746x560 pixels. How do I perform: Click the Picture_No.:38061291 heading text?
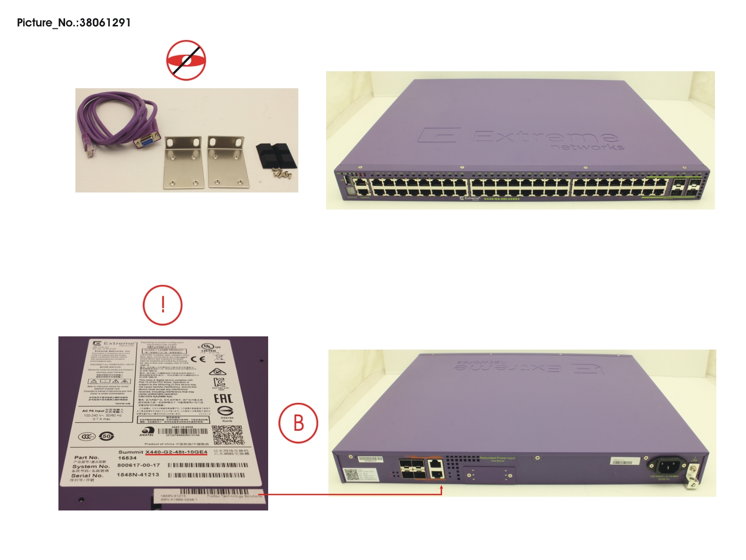74,23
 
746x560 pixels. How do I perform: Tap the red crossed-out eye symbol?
186,60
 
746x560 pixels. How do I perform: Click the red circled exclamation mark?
162,305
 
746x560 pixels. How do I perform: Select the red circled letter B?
298,423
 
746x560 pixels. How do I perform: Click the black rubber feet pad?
277,156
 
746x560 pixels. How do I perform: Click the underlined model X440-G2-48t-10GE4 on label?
176,452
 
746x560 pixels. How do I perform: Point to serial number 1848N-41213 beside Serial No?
138,475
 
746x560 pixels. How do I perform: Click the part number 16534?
127,458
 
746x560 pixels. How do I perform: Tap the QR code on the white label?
228,435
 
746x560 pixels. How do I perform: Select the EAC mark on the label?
223,398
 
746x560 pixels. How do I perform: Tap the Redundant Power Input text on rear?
498,458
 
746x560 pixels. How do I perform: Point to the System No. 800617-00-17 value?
139,465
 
